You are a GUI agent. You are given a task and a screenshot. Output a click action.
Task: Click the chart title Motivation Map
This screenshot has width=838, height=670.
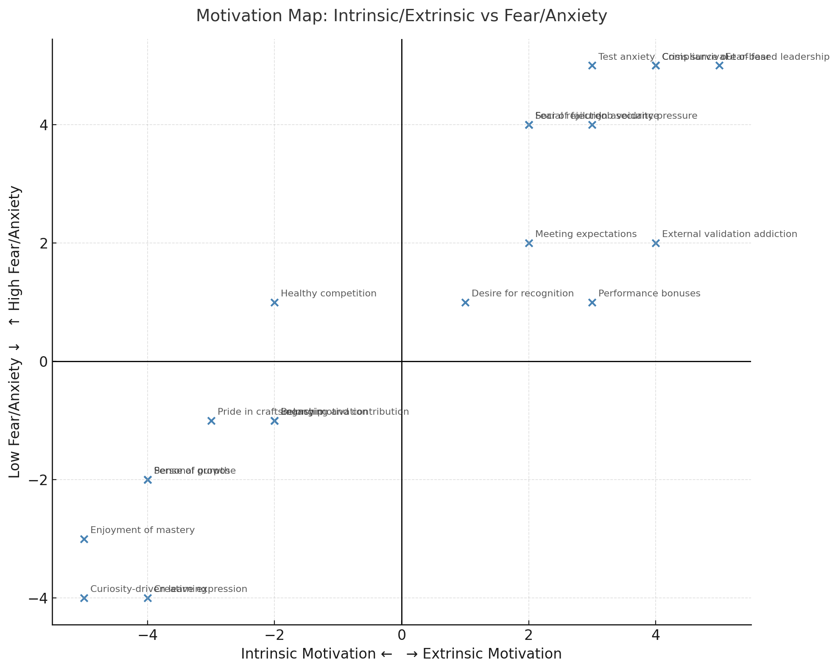coord(401,16)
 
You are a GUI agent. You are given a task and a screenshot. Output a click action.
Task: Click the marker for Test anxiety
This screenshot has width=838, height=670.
coord(592,65)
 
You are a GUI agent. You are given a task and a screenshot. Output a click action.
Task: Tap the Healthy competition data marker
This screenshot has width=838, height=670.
coord(274,302)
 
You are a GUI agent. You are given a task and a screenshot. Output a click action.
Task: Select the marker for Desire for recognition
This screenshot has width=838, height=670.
coord(465,302)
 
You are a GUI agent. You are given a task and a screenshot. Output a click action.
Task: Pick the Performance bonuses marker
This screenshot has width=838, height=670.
coord(592,302)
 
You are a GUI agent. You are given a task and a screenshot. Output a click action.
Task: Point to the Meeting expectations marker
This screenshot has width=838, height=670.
coord(529,243)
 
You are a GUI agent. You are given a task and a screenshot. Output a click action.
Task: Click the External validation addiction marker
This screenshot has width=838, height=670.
coord(656,243)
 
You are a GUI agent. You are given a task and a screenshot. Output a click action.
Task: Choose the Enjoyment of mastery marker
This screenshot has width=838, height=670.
coord(84,539)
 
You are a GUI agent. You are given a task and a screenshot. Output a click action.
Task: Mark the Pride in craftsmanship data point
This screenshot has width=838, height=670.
coord(211,421)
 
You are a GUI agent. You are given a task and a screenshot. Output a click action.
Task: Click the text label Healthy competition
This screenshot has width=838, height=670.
coord(328,293)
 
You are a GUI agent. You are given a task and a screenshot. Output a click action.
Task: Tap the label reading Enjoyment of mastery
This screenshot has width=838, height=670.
coord(142,530)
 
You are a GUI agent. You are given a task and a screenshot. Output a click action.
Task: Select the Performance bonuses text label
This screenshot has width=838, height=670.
coord(649,293)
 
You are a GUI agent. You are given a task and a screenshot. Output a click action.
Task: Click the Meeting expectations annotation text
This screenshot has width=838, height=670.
coord(586,234)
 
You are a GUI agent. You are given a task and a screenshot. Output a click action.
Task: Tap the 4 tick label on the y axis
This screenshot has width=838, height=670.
coord(42,125)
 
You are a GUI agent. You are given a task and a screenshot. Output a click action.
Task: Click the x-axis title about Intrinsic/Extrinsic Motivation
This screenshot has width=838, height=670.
coord(401,654)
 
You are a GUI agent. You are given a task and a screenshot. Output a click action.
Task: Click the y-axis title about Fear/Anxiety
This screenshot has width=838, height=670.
coord(15,332)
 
